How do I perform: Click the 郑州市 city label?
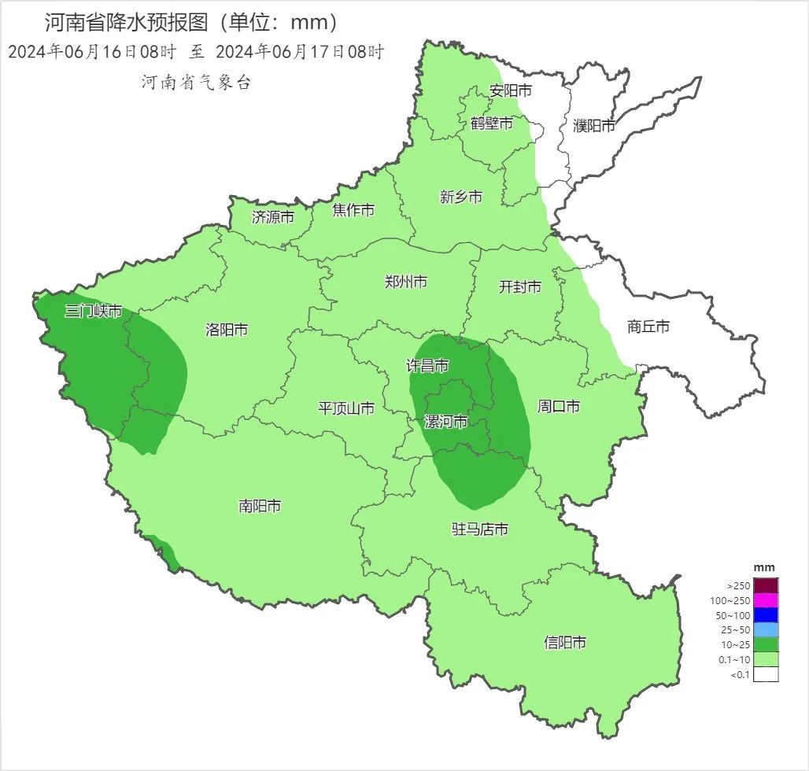[406, 282]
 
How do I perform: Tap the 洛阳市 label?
[227, 330]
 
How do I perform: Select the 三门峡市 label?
[94, 311]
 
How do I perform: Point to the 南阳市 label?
[260, 506]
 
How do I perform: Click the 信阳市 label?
[565, 642]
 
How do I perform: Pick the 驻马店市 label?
[479, 529]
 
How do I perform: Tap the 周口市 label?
[559, 407]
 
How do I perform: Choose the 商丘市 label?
[648, 326]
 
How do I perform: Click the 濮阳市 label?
[594, 125]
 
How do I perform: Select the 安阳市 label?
[510, 90]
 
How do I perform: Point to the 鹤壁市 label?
[492, 124]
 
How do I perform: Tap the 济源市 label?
[273, 217]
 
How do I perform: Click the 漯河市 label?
[446, 422]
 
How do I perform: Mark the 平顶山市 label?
[345, 408]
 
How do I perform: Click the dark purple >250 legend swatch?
[766, 585]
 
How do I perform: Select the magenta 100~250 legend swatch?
[766, 600]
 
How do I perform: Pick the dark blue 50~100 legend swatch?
[766, 615]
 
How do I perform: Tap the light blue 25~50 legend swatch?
[766, 630]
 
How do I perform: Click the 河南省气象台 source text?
[196, 82]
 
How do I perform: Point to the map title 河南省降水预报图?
[130, 22]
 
